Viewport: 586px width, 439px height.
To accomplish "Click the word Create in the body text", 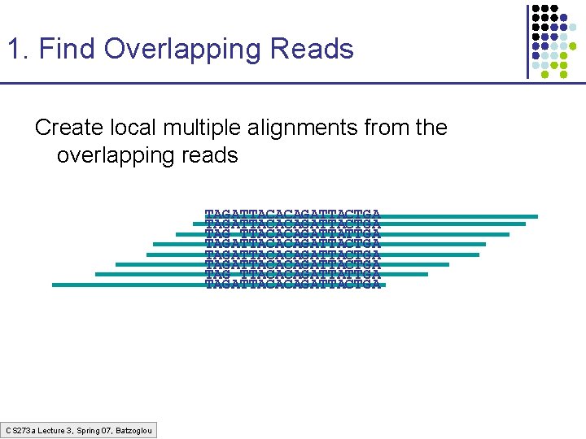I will pos(71,128).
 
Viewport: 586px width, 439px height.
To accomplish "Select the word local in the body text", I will pos(133,128).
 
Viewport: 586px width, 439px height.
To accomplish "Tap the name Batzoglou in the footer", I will pos(133,429).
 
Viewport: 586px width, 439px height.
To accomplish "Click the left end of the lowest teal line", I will pos(54,285).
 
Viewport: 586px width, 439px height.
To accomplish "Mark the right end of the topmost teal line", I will pos(536,216).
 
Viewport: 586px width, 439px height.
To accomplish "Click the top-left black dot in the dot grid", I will pos(536,9).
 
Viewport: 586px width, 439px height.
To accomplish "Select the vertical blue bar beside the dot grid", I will pos(527,41).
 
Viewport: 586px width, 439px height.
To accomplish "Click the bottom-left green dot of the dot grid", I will pos(536,73).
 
